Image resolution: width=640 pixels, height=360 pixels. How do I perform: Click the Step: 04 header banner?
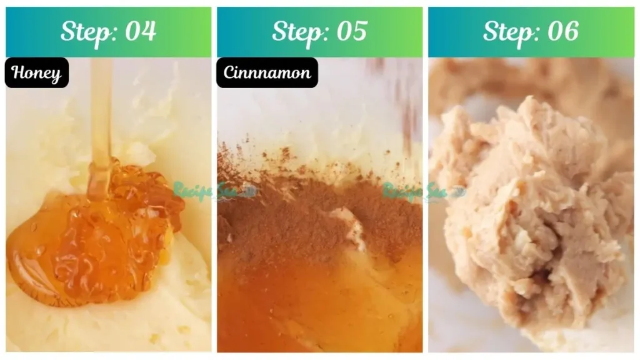coord(109,32)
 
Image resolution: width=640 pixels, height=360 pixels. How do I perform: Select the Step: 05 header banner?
coord(319,32)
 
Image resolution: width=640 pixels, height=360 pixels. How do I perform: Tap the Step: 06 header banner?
coord(531,32)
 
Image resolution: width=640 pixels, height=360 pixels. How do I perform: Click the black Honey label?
coord(37,73)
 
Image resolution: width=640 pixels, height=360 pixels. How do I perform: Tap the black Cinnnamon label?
coord(267,73)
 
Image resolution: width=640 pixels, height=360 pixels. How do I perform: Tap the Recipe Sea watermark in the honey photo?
coord(209,190)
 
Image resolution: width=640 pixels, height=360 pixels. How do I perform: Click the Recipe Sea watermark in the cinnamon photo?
coord(420,190)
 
